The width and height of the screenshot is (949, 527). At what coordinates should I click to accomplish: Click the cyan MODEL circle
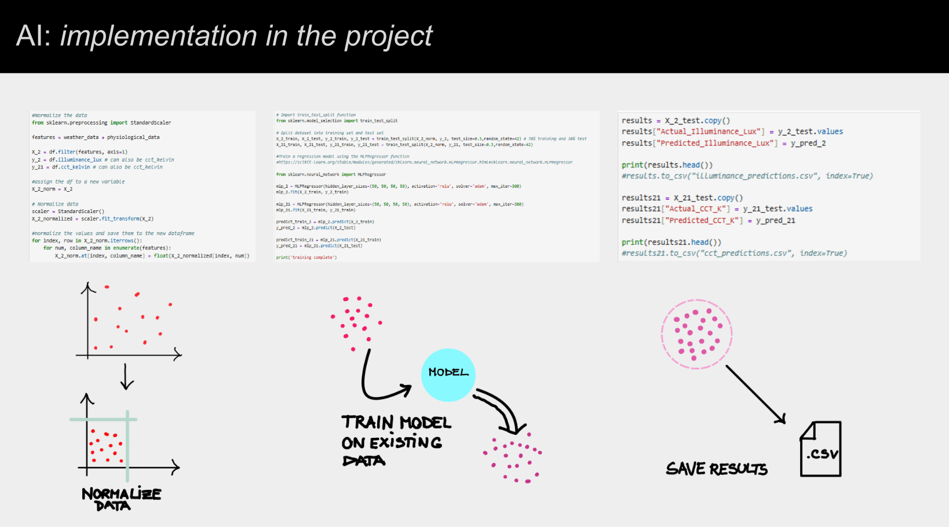pos(448,375)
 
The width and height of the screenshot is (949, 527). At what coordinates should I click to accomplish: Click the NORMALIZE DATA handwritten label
pos(121,499)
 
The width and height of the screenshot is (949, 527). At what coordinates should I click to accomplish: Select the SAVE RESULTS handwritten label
pos(716,469)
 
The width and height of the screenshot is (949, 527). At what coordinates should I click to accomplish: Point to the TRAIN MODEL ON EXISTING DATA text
pos(396,441)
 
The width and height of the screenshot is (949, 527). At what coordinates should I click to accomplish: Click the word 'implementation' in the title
pos(159,36)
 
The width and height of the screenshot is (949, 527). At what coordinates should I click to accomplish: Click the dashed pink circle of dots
pos(696,334)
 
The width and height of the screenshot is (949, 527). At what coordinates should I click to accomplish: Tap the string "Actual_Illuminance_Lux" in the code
pos(709,132)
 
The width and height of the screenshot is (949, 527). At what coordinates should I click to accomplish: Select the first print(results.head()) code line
pos(667,165)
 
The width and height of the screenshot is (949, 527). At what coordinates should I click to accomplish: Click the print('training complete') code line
pos(306,257)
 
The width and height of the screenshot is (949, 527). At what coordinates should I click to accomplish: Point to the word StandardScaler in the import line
pos(151,123)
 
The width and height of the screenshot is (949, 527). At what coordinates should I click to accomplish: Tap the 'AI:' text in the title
pos(34,36)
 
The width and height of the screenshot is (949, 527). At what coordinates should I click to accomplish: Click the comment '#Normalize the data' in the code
pos(59,115)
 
